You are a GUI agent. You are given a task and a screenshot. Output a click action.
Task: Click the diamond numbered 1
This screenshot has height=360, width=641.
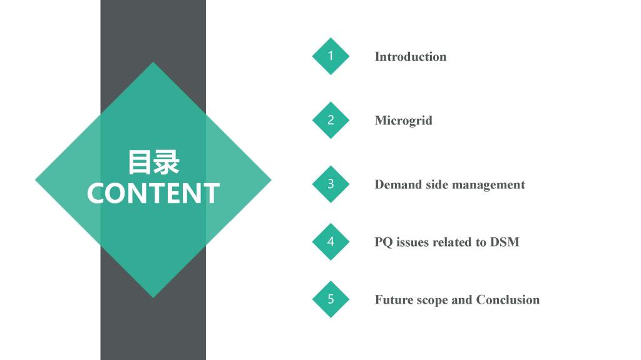331,56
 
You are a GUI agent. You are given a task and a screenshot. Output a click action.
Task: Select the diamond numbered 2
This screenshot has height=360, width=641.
331,120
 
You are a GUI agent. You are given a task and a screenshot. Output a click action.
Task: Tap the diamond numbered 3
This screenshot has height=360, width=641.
331,184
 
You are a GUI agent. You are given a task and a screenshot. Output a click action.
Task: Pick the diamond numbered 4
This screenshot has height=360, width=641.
331,242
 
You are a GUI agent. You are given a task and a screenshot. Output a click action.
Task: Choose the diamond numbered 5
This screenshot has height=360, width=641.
331,299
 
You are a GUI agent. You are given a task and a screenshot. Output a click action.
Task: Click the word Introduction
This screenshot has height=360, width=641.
411,56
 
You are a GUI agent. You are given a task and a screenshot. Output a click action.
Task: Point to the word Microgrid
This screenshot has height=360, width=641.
404,121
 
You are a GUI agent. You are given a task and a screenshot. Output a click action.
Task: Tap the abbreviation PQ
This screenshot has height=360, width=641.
384,242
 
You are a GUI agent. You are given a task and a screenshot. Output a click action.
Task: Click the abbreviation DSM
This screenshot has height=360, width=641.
505,242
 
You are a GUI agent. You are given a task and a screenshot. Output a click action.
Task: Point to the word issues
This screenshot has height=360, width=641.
413,242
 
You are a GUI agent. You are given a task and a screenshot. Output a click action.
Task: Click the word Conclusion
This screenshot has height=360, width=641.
508,300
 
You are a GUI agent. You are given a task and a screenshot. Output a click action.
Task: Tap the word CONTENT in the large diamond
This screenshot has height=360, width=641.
153,193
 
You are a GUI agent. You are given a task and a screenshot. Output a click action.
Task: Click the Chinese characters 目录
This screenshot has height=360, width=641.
153,162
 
